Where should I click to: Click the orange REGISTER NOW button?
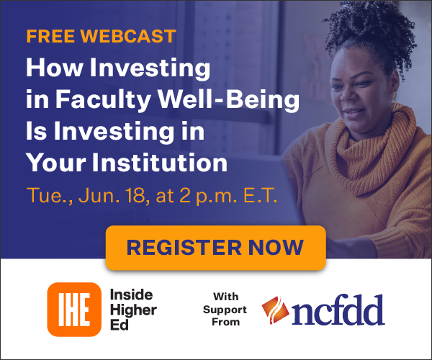click(x=216, y=248)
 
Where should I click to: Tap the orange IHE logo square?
click(x=74, y=310)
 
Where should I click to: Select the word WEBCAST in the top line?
click(x=128, y=36)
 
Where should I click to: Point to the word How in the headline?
click(x=55, y=68)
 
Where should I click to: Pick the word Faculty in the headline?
click(x=103, y=99)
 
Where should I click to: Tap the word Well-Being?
click(x=228, y=99)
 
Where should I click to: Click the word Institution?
click(x=160, y=163)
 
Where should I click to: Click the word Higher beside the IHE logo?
click(x=133, y=310)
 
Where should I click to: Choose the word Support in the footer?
click(x=225, y=310)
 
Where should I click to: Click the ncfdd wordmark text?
click(x=338, y=310)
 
